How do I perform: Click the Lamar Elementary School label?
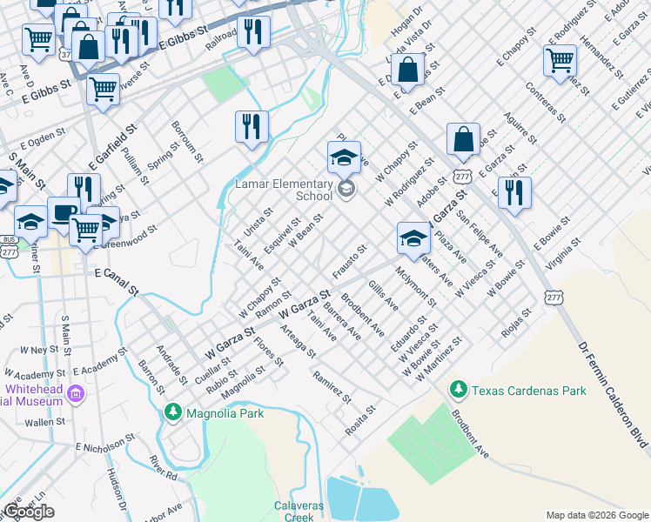284,190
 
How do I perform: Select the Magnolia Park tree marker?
173,412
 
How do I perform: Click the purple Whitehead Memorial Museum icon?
76,395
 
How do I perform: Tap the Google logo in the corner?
29,512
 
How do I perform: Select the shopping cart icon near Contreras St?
560,61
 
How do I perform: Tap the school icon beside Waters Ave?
413,238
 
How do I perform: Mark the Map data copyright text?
597,515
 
